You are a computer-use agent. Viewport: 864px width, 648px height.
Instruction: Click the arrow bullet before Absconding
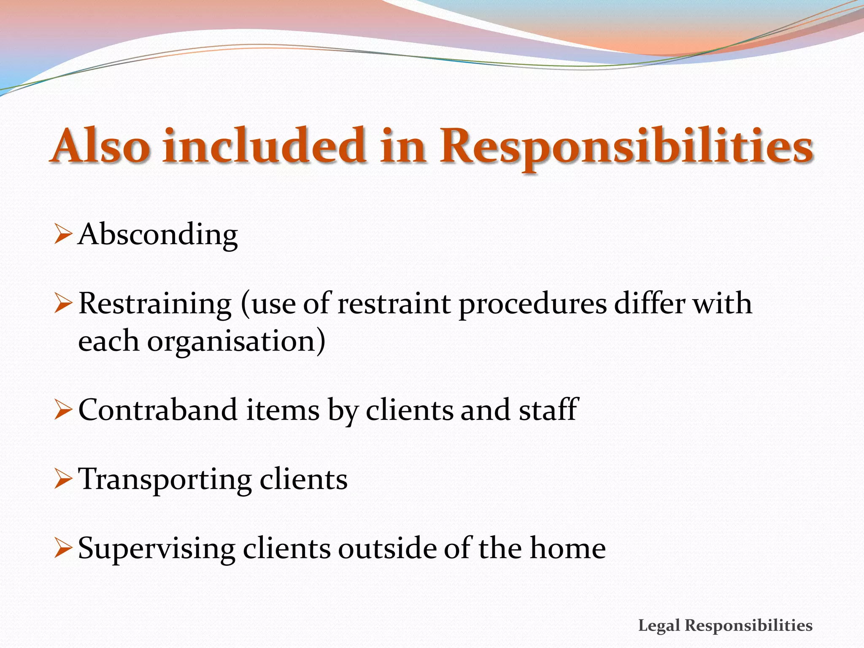pyautogui.click(x=63, y=235)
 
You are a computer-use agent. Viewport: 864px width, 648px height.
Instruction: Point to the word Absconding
pyautogui.click(x=158, y=235)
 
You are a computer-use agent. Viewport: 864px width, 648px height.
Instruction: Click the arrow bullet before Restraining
pyautogui.click(x=63, y=304)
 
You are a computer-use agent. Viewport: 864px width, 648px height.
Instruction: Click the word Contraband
pyautogui.click(x=158, y=410)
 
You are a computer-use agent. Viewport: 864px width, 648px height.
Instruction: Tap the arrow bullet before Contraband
pyautogui.click(x=63, y=410)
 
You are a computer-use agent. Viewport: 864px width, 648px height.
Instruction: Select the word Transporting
pyautogui.click(x=165, y=480)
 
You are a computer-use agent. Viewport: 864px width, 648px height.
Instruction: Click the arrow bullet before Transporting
pyautogui.click(x=63, y=480)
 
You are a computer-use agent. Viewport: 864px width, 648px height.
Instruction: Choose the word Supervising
pyautogui.click(x=157, y=549)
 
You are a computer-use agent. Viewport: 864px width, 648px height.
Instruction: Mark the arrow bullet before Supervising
pyautogui.click(x=63, y=549)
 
